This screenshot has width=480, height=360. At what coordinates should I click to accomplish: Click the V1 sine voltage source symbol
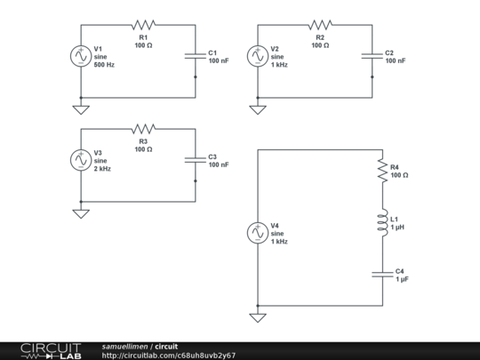coord(81,56)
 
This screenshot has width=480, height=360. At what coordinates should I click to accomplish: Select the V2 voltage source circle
coord(257,56)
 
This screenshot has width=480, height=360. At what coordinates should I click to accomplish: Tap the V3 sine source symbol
coord(81,159)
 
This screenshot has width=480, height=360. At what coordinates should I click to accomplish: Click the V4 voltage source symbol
coord(257,233)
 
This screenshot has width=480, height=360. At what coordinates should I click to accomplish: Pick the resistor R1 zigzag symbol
coord(143,26)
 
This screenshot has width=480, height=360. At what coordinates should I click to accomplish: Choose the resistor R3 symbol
coord(143,130)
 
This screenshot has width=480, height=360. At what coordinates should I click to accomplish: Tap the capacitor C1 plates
coord(196,56)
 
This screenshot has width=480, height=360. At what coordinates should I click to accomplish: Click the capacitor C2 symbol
coord(372,56)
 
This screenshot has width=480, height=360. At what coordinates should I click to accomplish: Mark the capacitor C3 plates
coord(196,160)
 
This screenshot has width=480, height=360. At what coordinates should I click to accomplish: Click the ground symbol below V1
coord(81,109)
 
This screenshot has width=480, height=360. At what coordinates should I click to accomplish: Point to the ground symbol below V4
coord(257,317)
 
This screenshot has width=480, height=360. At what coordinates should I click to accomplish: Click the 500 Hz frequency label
coord(105,65)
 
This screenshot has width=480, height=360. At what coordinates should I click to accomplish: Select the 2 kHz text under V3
coord(102,169)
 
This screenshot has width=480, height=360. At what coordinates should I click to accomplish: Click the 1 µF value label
coord(403,279)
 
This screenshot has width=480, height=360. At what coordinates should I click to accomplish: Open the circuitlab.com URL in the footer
coord(168,356)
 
